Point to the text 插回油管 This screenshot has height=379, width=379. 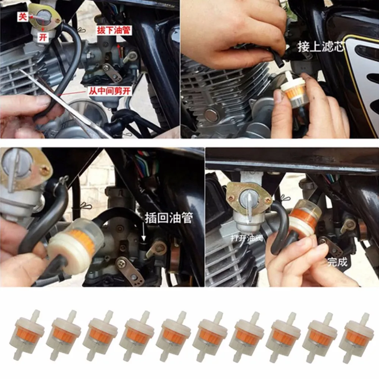coord(169,218)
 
